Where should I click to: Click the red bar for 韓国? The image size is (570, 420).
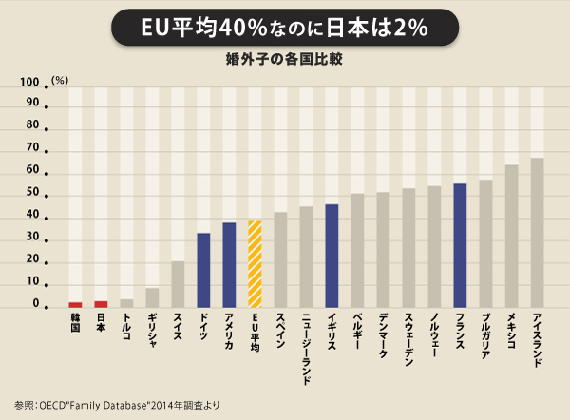[75, 304]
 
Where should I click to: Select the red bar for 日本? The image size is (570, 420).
[101, 304]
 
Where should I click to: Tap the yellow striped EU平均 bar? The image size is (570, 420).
[255, 264]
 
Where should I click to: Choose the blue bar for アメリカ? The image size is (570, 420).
[229, 265]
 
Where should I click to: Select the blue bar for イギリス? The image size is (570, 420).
[332, 256]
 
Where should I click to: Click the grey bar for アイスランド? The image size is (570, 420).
[537, 233]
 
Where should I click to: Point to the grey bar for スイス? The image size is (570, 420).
[178, 284]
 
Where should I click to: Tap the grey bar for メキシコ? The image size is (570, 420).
[511, 237]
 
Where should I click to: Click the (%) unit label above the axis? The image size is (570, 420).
[60, 79]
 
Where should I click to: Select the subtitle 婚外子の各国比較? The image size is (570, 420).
[284, 59]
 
